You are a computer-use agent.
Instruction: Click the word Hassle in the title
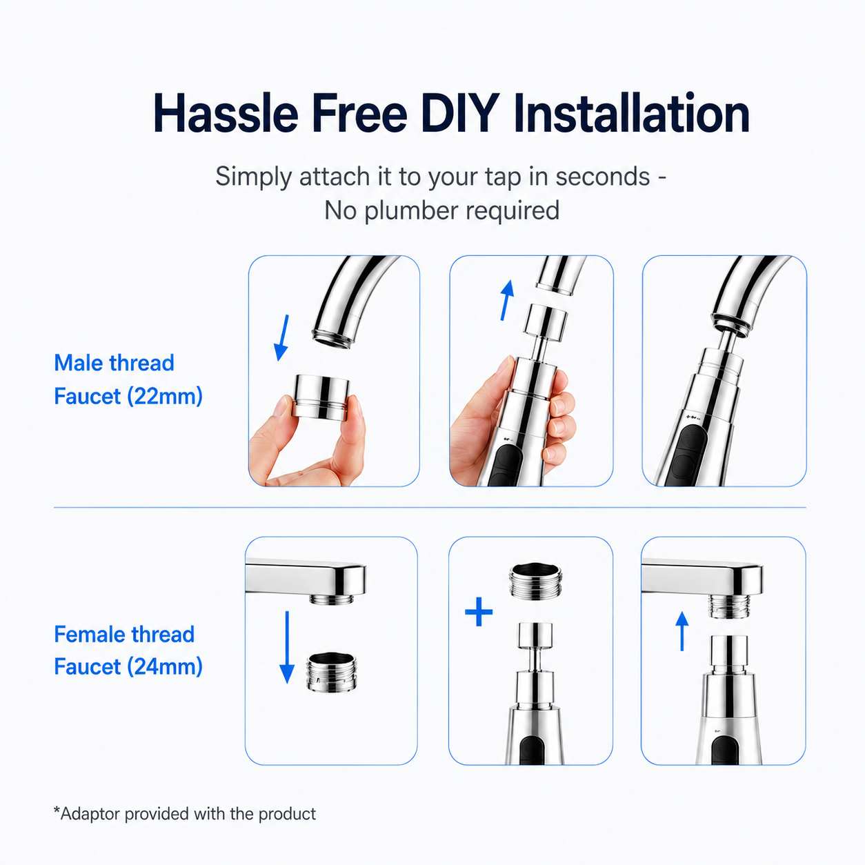226,113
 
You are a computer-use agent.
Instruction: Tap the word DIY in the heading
461,113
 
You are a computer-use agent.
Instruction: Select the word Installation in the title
632,113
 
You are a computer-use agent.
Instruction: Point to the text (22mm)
165,397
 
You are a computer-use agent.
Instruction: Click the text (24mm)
165,666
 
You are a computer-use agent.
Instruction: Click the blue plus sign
479,611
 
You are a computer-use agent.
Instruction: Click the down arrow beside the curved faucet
282,337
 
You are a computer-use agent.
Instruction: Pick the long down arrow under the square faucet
287,647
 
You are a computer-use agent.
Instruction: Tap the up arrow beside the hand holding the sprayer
507,300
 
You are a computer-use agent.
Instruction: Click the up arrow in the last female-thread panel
682,631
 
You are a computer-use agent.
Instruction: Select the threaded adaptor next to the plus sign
535,581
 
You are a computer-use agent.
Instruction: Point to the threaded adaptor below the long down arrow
332,673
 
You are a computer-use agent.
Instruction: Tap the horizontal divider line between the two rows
430,508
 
